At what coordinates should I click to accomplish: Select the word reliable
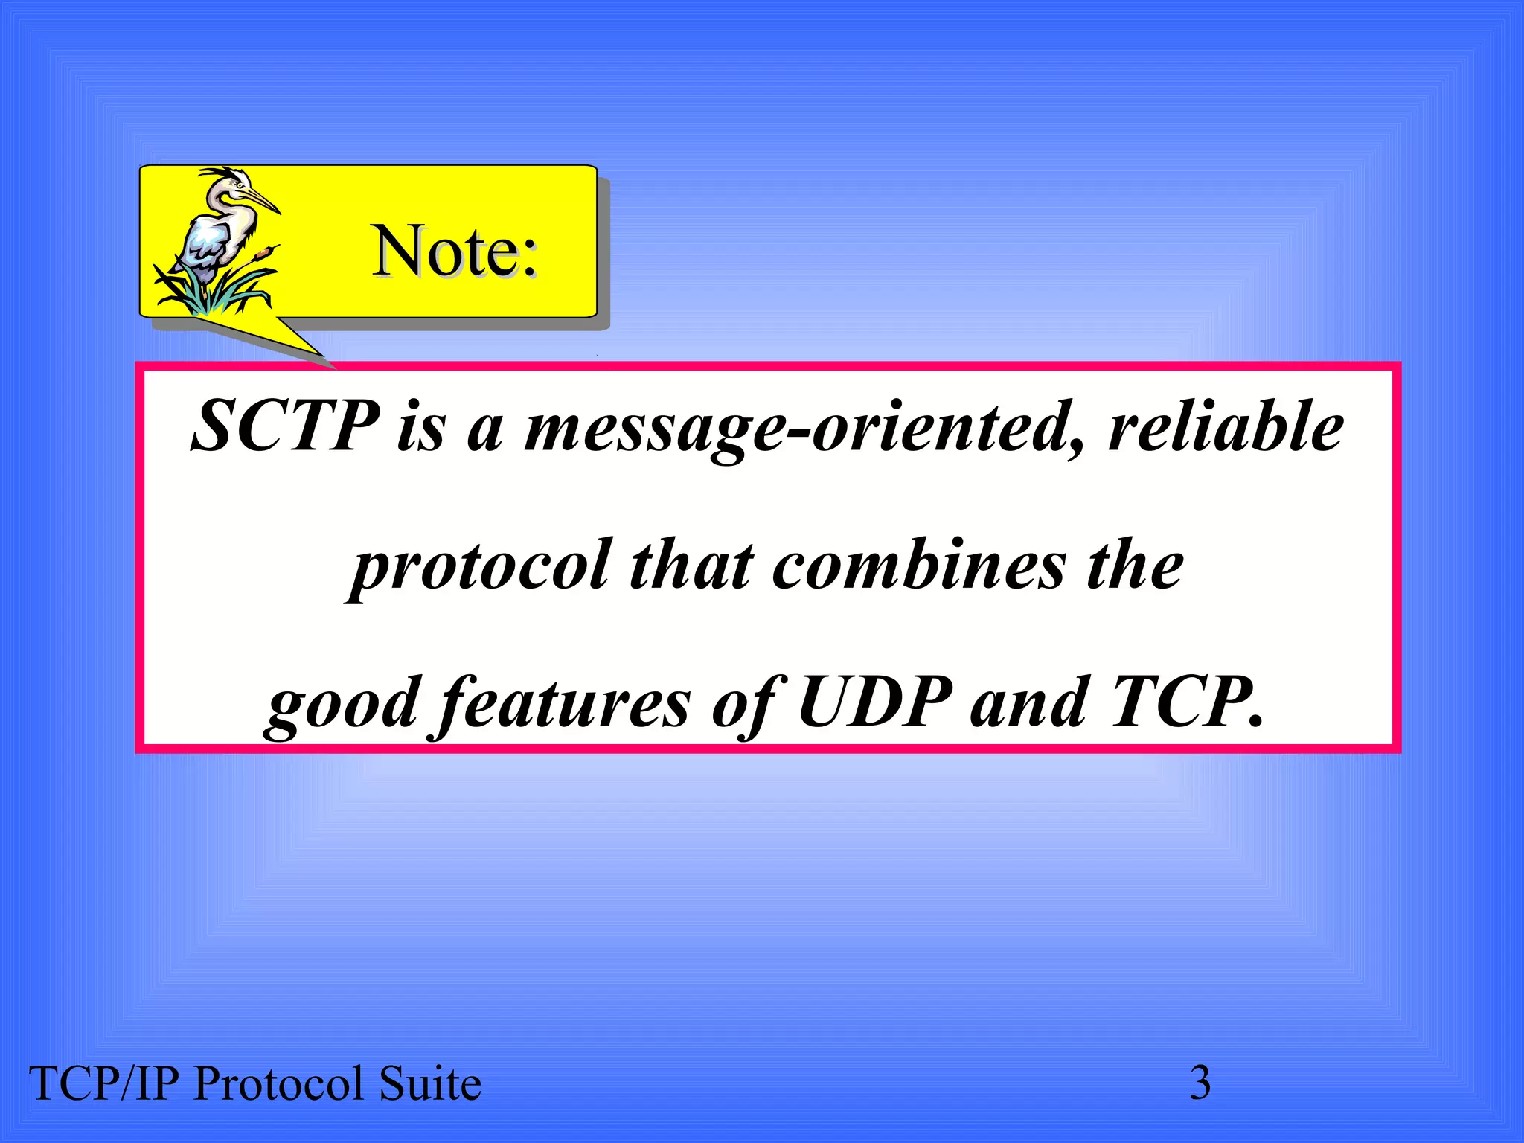point(1226,426)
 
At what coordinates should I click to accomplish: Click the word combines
point(919,566)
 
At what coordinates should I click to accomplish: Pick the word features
point(563,704)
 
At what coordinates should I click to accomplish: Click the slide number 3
point(1200,1083)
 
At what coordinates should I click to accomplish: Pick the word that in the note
point(691,566)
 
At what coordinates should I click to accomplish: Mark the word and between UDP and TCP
point(1028,703)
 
